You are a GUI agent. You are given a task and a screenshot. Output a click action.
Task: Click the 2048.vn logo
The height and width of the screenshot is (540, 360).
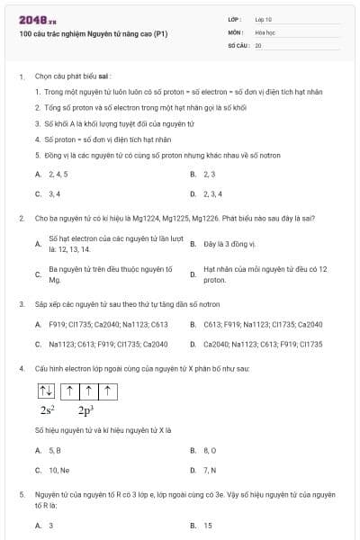coord(37,19)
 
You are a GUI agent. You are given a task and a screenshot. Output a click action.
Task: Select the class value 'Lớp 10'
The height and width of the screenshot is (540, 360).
coord(264,18)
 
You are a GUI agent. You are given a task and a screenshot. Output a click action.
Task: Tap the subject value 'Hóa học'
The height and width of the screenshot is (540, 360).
coord(265,31)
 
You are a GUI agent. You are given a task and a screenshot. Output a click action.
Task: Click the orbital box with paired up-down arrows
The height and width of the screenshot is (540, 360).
coord(46,391)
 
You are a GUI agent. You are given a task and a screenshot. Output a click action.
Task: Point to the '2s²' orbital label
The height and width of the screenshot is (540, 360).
coord(48,410)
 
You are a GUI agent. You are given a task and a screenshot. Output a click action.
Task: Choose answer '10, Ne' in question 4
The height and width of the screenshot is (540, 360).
coord(58,470)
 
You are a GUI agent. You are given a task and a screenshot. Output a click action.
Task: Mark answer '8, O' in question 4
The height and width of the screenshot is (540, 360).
coord(211,449)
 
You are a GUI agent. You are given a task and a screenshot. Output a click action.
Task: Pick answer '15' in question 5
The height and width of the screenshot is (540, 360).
coord(208,526)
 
